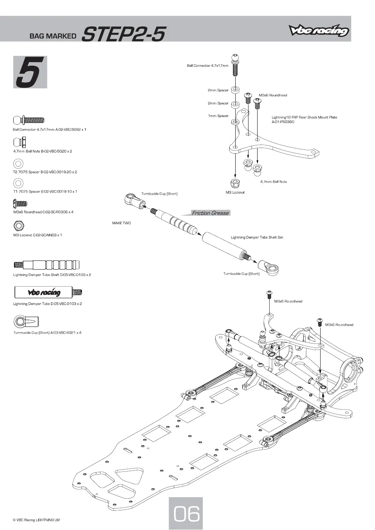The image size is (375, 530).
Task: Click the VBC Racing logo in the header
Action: pos(318,31)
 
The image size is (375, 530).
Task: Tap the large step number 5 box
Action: pos(30,72)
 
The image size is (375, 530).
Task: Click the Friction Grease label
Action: pos(210,213)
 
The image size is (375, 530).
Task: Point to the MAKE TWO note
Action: pos(122,223)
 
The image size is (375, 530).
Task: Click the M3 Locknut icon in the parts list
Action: pos(19,225)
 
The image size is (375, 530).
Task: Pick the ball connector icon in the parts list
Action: pos(29,120)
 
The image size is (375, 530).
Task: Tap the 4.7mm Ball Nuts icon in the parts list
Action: pos(19,142)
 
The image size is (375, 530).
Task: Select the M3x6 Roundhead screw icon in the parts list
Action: pos(20,203)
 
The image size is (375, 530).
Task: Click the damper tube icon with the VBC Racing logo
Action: pos(48,292)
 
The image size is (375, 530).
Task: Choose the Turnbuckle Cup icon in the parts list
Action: pos(26,322)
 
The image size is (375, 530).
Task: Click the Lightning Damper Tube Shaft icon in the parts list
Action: pos(46,265)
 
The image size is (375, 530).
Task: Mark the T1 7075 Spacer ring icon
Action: pos(18,183)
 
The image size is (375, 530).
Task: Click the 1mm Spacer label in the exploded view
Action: pos(218,116)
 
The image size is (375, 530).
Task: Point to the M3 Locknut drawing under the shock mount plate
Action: pos(235,183)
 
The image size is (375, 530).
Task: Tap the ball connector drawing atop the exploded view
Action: pos(235,65)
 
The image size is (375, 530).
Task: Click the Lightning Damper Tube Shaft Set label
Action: pos(257,237)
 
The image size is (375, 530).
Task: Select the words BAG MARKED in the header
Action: pos(53,36)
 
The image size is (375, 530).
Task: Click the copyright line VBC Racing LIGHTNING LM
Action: pos(36,520)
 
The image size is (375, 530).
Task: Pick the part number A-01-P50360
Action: pos(283,122)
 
